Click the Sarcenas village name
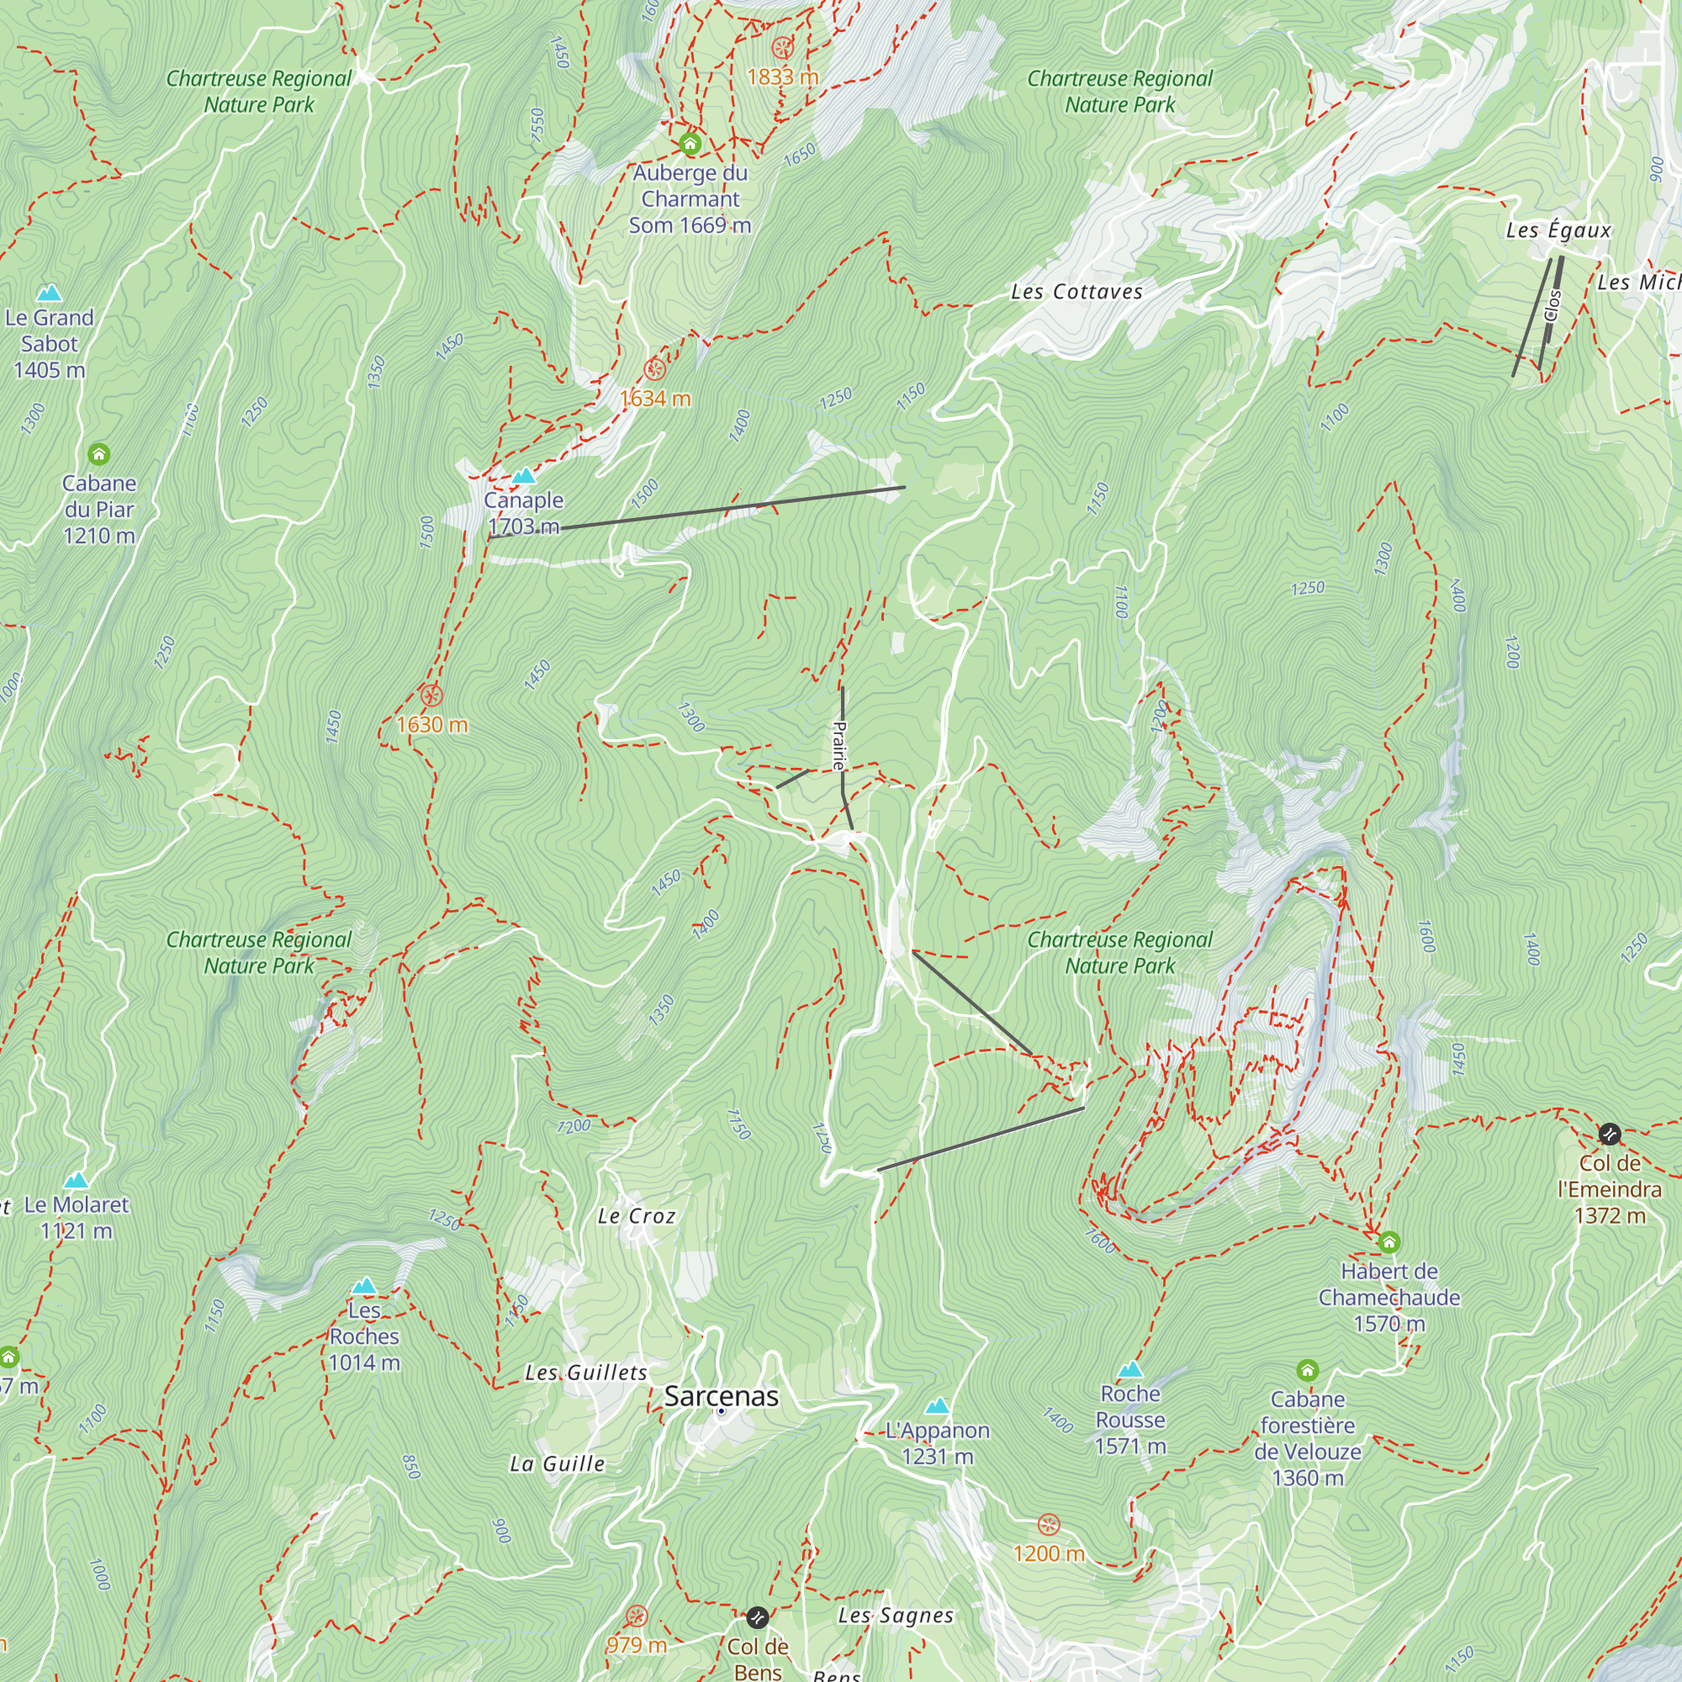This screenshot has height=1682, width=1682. [x=721, y=1396]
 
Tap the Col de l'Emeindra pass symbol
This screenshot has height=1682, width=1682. [x=1609, y=1134]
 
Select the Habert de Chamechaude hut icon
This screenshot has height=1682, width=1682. [x=1389, y=1242]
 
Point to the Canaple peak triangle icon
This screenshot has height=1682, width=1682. [x=523, y=476]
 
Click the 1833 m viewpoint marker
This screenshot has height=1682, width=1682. [x=783, y=47]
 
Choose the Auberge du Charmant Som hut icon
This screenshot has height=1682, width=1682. [x=690, y=144]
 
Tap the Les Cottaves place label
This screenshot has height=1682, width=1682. [x=1076, y=292]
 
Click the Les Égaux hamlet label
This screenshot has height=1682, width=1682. [x=1558, y=230]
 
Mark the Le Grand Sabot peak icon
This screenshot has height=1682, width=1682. [x=50, y=294]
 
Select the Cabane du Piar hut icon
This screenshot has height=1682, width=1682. [x=99, y=454]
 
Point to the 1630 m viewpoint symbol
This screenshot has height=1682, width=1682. [x=431, y=696]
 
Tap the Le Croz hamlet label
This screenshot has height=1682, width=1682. [x=637, y=1216]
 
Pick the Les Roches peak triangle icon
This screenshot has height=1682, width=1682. [x=364, y=1286]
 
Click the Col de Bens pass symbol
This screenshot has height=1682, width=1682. [x=758, y=1617]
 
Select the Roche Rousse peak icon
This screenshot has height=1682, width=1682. [x=1130, y=1369]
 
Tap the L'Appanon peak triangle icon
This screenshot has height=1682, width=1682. [x=938, y=1406]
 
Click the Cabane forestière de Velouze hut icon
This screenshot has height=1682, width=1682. [x=1308, y=1371]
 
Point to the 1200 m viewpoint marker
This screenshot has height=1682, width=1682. [x=1049, y=1525]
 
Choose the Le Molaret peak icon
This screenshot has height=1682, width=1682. [x=77, y=1181]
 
